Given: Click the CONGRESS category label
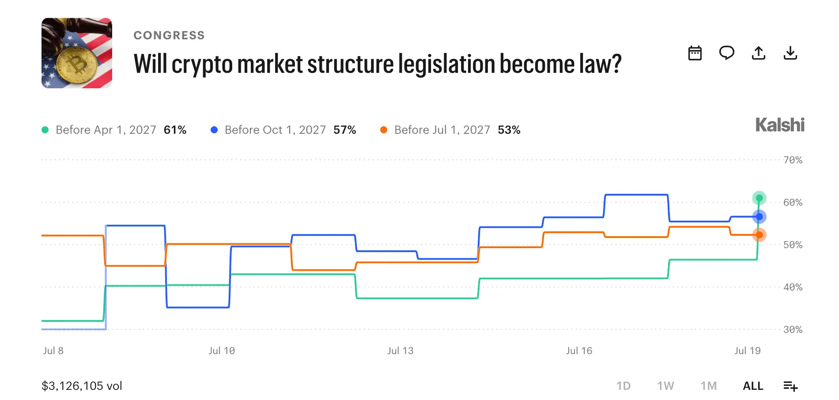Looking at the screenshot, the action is pos(169,35).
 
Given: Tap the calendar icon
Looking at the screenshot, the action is pos(695,53).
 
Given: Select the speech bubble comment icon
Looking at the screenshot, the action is pos(727,53).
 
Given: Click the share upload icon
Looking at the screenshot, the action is pos(759,53).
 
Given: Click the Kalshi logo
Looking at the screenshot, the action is pos(780,125).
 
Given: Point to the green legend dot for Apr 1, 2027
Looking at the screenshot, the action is pos(45,130).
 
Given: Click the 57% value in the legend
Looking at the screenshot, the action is pos(344,130).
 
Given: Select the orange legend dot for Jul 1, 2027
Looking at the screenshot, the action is pos(384,130).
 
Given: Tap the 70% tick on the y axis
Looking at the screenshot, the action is pos(793,160).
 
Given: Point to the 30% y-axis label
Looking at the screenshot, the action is pos(793,329).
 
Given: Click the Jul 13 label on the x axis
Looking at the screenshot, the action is pos(401,351).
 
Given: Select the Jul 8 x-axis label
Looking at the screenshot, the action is pos(53,351).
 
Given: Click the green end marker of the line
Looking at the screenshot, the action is pos(759,198).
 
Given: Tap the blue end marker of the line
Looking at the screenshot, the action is pos(759,217).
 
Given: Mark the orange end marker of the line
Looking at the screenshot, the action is pos(759,235).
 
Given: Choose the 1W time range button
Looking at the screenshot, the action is pos(665,386).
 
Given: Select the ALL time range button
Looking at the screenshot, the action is pos(753,386).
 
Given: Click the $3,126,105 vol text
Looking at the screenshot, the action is pos(82,386).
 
